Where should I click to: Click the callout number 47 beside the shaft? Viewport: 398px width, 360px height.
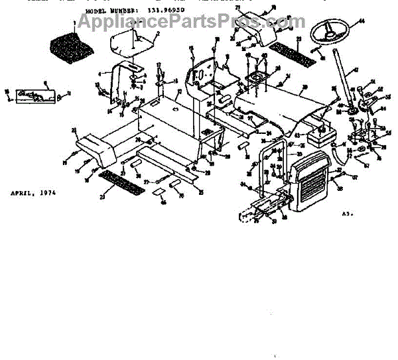(x=356, y=70)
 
